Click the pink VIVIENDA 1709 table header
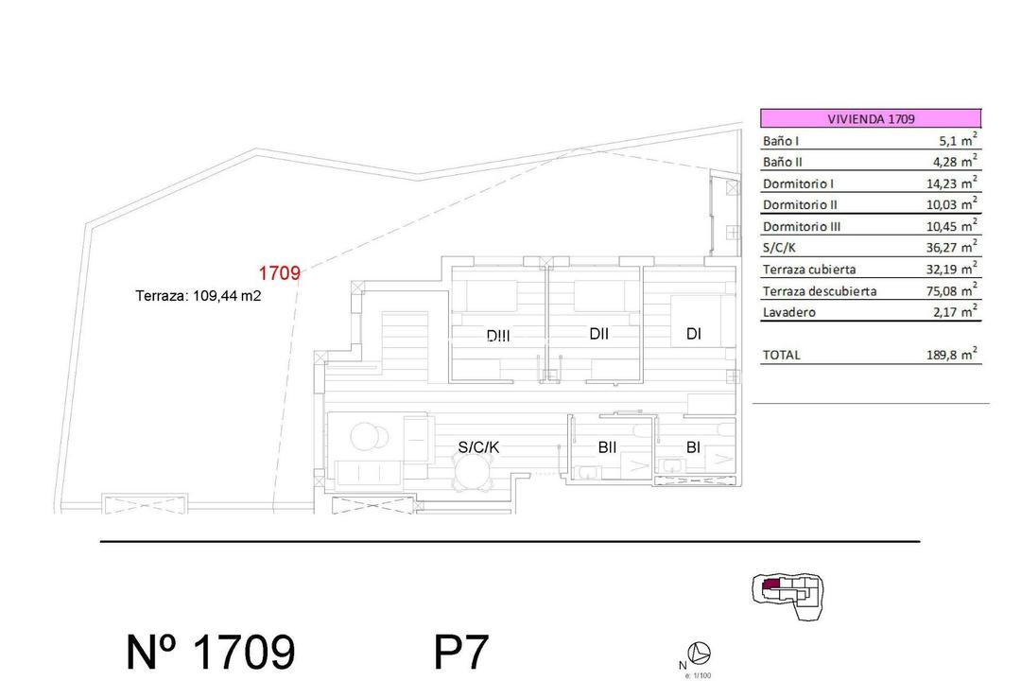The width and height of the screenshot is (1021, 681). pos(871,119)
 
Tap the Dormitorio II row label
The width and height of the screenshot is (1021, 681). pos(800,205)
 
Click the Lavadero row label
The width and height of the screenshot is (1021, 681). pos(788,312)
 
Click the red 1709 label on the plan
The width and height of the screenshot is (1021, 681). pos(280,274)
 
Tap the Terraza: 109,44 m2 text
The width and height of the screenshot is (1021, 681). pos(198,295)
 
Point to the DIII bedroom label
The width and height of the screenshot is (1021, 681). pos(498,335)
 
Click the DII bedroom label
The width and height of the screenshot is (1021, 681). pos(598,333)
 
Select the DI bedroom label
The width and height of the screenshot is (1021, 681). pos(694,333)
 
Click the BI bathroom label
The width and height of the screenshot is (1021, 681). pos(693,447)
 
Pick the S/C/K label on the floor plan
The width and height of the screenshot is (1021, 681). pos(478,447)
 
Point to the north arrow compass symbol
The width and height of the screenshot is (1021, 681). pos(700,653)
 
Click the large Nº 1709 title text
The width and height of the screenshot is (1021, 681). pos(211,653)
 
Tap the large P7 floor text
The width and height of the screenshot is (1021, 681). pos(461,653)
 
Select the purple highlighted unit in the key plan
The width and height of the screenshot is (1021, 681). pos(771,585)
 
